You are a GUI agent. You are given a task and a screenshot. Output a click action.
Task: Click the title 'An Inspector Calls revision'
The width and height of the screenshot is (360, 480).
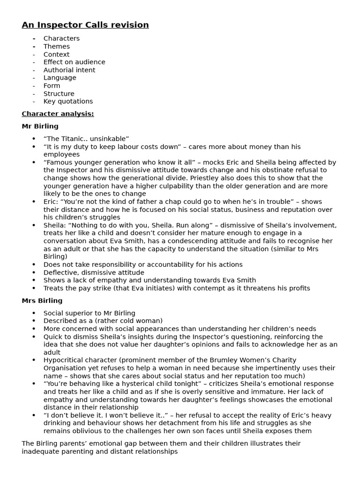[85, 25]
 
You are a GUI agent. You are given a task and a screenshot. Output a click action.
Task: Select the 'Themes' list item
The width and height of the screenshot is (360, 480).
[56, 46]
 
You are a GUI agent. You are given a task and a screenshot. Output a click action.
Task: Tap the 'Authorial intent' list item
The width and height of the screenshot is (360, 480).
[69, 70]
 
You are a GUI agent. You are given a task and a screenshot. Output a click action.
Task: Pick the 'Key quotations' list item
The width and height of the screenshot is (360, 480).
[68, 101]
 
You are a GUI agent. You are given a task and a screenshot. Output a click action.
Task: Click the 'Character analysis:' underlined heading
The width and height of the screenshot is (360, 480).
[58, 113]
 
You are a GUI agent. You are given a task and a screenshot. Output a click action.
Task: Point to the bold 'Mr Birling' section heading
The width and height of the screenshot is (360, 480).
[40, 126]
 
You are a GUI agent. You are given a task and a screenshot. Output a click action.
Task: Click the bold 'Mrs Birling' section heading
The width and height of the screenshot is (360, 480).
[42, 300]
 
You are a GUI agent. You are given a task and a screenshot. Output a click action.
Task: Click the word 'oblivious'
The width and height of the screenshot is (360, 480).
[91, 431]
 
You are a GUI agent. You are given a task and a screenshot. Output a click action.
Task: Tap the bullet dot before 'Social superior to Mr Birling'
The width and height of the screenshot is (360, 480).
[34, 313]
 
